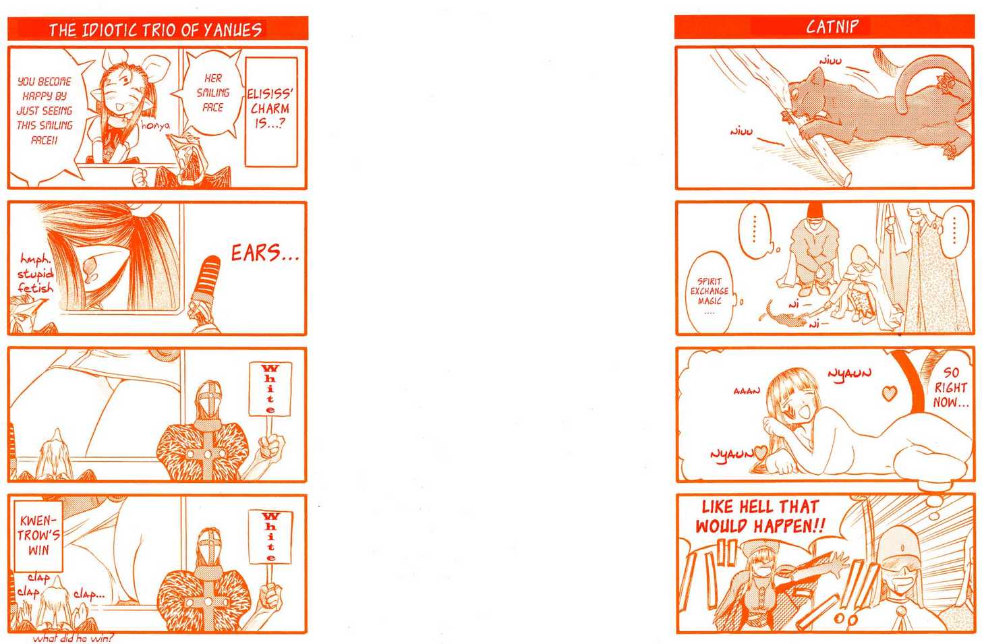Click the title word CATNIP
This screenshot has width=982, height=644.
(832, 27)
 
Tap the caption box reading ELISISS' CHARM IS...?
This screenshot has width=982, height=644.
(271, 112)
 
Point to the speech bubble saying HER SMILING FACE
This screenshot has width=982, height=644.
(212, 93)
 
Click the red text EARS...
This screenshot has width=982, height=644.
(264, 254)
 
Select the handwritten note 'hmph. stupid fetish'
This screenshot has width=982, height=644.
(36, 274)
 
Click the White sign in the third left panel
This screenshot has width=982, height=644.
(270, 388)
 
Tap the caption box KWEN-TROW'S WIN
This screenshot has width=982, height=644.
(38, 535)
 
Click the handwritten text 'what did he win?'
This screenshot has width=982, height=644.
(73, 639)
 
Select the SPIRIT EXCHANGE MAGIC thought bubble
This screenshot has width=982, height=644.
(710, 292)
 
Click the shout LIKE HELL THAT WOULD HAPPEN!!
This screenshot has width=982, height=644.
(760, 517)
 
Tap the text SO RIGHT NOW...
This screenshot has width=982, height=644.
(950, 388)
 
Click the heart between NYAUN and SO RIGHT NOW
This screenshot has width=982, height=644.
(890, 392)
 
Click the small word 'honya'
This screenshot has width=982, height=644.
(155, 126)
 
